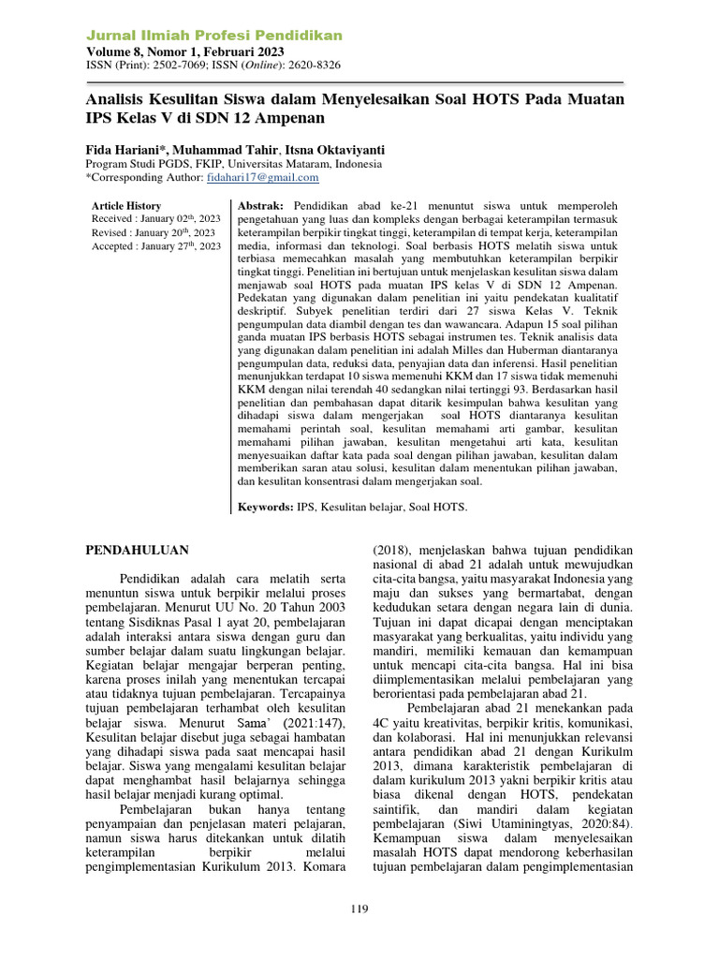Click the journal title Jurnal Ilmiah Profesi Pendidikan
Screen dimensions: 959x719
point(213,36)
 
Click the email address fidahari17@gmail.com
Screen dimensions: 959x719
point(264,177)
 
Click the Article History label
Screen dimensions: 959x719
point(126,206)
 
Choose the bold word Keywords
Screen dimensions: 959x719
point(263,507)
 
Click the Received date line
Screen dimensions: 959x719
point(154,219)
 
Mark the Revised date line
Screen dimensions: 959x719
point(154,232)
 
